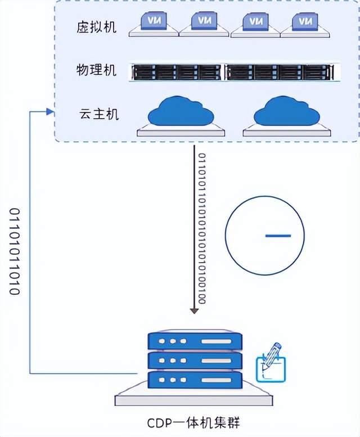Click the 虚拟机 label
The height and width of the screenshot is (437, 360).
click(96, 28)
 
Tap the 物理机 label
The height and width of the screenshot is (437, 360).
click(96, 70)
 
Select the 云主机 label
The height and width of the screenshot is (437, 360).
click(99, 114)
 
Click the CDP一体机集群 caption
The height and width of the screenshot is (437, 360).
click(193, 423)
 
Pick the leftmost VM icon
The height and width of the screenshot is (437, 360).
click(154, 24)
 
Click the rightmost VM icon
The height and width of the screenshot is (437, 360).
click(305, 25)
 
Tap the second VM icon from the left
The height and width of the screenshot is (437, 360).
click(204, 24)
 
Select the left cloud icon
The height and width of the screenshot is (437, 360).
click(181, 116)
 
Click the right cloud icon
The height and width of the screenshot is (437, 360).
click(287, 116)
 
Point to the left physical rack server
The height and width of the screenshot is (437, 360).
click(177, 72)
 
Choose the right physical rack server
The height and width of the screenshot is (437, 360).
click(280, 72)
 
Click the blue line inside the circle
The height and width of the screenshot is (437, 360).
click(278, 236)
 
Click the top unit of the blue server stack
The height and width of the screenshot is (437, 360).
click(195, 341)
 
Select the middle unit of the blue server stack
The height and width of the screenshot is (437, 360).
click(195, 360)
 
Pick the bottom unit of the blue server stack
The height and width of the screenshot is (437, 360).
click(195, 380)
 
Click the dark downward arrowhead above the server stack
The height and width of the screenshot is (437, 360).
click(194, 311)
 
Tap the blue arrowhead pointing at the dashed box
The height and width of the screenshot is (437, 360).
click(50, 112)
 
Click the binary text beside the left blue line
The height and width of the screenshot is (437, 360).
click(15, 251)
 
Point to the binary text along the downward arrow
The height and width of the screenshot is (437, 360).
click(202, 228)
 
